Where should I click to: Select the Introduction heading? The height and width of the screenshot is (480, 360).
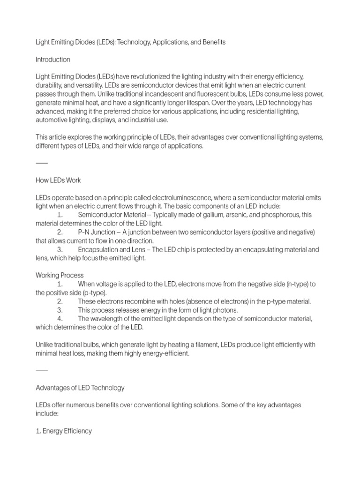pos(53,60)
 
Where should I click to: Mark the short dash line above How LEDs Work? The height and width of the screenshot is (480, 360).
pos(42,163)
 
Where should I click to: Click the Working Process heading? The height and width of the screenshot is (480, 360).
pos(60,275)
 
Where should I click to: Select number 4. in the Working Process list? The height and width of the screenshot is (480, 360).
pos(60,319)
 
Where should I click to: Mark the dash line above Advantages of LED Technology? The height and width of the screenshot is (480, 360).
pos(42,370)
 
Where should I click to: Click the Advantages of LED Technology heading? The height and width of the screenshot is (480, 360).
pos(80,388)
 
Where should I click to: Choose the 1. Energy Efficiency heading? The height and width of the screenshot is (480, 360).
pos(64,431)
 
